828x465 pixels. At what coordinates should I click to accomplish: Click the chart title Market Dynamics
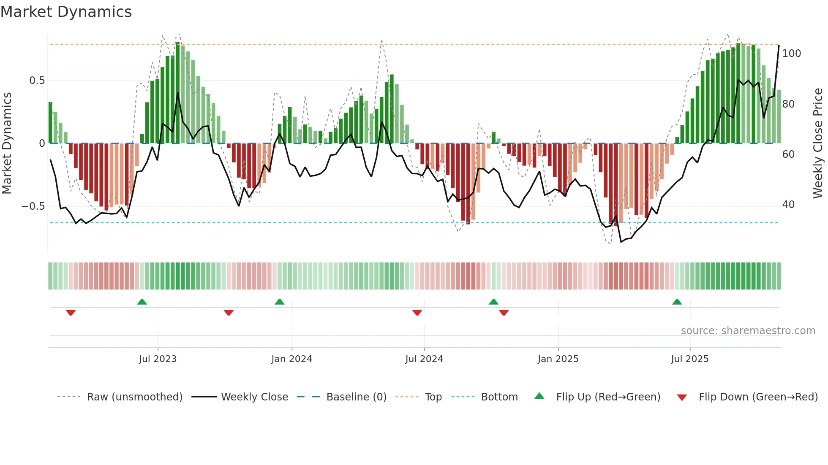66,12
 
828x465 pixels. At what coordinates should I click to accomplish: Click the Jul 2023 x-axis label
158,359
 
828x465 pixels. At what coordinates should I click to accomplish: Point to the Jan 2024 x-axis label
291,359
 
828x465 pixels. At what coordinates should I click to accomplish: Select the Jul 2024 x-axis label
424,359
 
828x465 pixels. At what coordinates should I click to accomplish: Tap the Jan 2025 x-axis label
558,359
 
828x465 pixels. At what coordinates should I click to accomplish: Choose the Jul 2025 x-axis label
690,359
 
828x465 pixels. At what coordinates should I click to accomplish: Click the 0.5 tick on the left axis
37,81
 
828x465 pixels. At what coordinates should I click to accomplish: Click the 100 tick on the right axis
791,54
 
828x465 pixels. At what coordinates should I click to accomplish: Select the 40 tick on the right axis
788,205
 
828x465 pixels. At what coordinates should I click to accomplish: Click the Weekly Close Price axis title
818,143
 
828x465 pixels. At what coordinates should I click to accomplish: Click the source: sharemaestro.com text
748,331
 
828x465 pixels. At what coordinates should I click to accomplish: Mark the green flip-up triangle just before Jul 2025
677,302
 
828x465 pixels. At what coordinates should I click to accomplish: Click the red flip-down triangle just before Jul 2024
417,313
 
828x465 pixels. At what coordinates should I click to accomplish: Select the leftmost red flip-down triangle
71,313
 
